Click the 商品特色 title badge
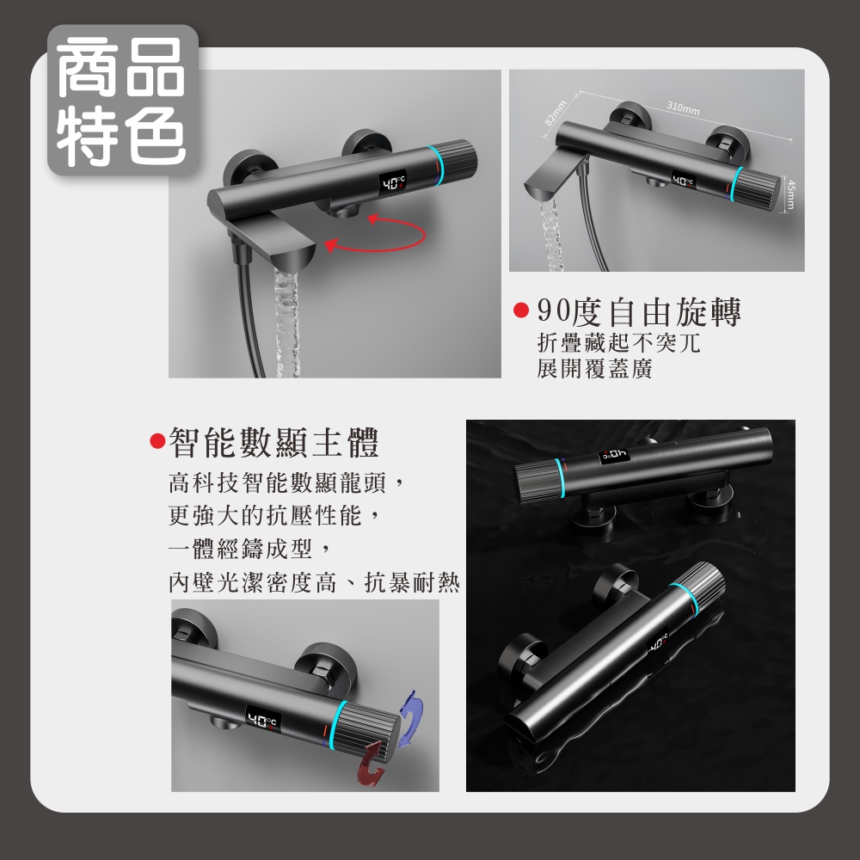pyautogui.click(x=122, y=101)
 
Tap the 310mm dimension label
pyautogui.click(x=684, y=107)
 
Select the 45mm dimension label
pyautogui.click(x=790, y=194)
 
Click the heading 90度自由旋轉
pyautogui.click(x=638, y=312)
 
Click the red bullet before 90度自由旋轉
pyautogui.click(x=520, y=310)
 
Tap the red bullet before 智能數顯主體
pyautogui.click(x=157, y=441)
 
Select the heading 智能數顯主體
pyautogui.click(x=273, y=442)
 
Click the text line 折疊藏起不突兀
pyautogui.click(x=618, y=343)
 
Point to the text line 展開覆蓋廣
pyautogui.click(x=594, y=369)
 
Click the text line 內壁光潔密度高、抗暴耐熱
pyautogui.click(x=314, y=582)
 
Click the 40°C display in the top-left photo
pyautogui.click(x=393, y=182)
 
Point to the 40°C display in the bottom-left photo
pyautogui.click(x=263, y=720)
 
